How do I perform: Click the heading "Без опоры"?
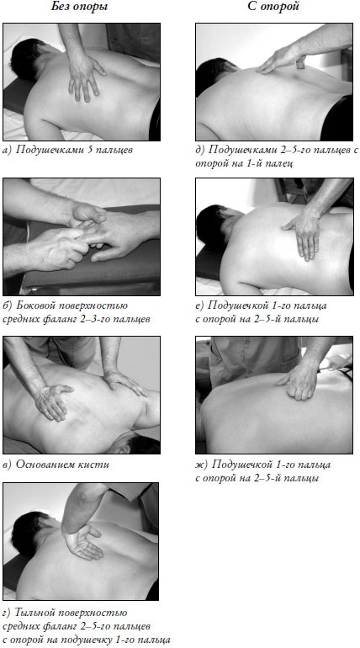tap(80, 7)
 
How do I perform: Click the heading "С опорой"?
tap(273, 7)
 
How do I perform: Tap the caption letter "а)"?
tap(8, 150)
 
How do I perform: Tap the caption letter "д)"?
tap(200, 150)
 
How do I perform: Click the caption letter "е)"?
tap(200, 305)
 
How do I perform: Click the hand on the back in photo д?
tap(283, 60)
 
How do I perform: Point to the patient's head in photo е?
tap(214, 226)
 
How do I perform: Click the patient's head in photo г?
tap(29, 533)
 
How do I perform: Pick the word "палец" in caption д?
tap(281, 163)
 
